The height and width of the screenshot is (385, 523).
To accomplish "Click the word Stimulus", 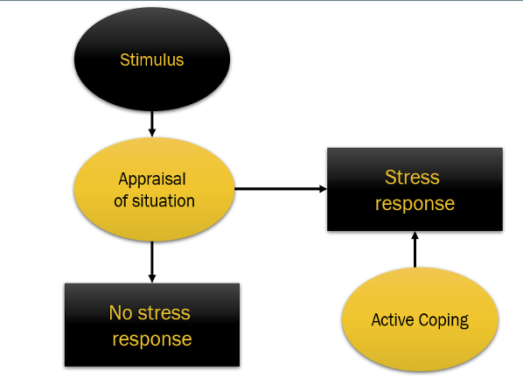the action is (152, 60).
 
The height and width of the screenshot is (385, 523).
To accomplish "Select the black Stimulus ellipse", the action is (152, 59).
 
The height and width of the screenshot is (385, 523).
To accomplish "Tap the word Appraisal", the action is (152, 180).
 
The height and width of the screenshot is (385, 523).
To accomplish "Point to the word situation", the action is (164, 201).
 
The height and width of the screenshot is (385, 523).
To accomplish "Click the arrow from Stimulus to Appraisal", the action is (152, 124).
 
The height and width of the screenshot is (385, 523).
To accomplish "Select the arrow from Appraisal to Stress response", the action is (281, 189).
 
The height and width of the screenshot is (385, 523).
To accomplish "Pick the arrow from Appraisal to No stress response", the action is (152, 262).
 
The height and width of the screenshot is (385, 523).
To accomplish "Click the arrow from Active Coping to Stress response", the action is (415, 249).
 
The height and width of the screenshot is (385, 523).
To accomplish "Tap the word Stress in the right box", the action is (412, 177).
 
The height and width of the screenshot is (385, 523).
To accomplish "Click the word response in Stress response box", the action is (415, 204).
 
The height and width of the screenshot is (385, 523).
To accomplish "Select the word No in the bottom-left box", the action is (121, 313).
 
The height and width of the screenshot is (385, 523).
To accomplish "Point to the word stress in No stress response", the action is (164, 313).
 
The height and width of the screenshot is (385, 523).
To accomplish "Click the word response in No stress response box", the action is (152, 339).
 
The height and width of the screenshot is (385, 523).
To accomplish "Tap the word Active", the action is (393, 319).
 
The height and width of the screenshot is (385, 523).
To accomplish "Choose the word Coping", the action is (444, 320).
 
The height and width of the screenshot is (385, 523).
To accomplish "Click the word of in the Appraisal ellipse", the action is (121, 201).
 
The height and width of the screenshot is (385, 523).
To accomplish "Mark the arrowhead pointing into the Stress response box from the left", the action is (323, 189).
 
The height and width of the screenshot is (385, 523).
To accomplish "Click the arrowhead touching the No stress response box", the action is (152, 279).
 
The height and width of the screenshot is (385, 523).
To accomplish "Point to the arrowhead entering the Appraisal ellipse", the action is (152, 133).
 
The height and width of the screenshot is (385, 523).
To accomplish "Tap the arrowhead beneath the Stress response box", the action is (415, 235).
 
